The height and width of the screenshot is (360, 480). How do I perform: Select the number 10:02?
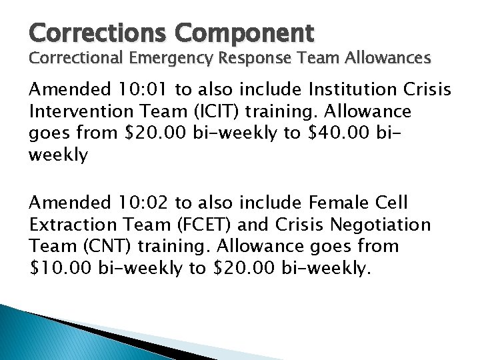[149, 202]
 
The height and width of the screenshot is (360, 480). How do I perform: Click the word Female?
[334, 202]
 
